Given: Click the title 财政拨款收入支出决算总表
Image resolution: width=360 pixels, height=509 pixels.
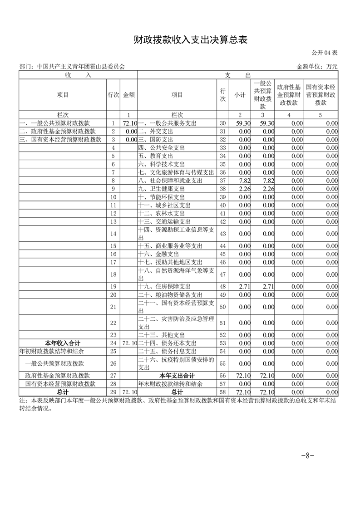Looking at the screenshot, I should coord(190,40).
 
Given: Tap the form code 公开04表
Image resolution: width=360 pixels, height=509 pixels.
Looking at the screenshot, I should coord(325,53).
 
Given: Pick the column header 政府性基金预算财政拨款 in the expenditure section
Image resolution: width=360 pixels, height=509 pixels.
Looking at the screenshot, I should coord(289,95).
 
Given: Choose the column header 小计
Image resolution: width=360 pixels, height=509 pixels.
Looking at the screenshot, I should coord(240,95).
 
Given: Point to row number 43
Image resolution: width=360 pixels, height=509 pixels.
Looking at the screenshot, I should coord(222,234).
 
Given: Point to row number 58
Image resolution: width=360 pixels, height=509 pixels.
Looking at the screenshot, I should coord(222,392).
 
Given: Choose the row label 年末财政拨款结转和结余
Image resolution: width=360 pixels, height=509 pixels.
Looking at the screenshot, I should coord(170,384).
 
